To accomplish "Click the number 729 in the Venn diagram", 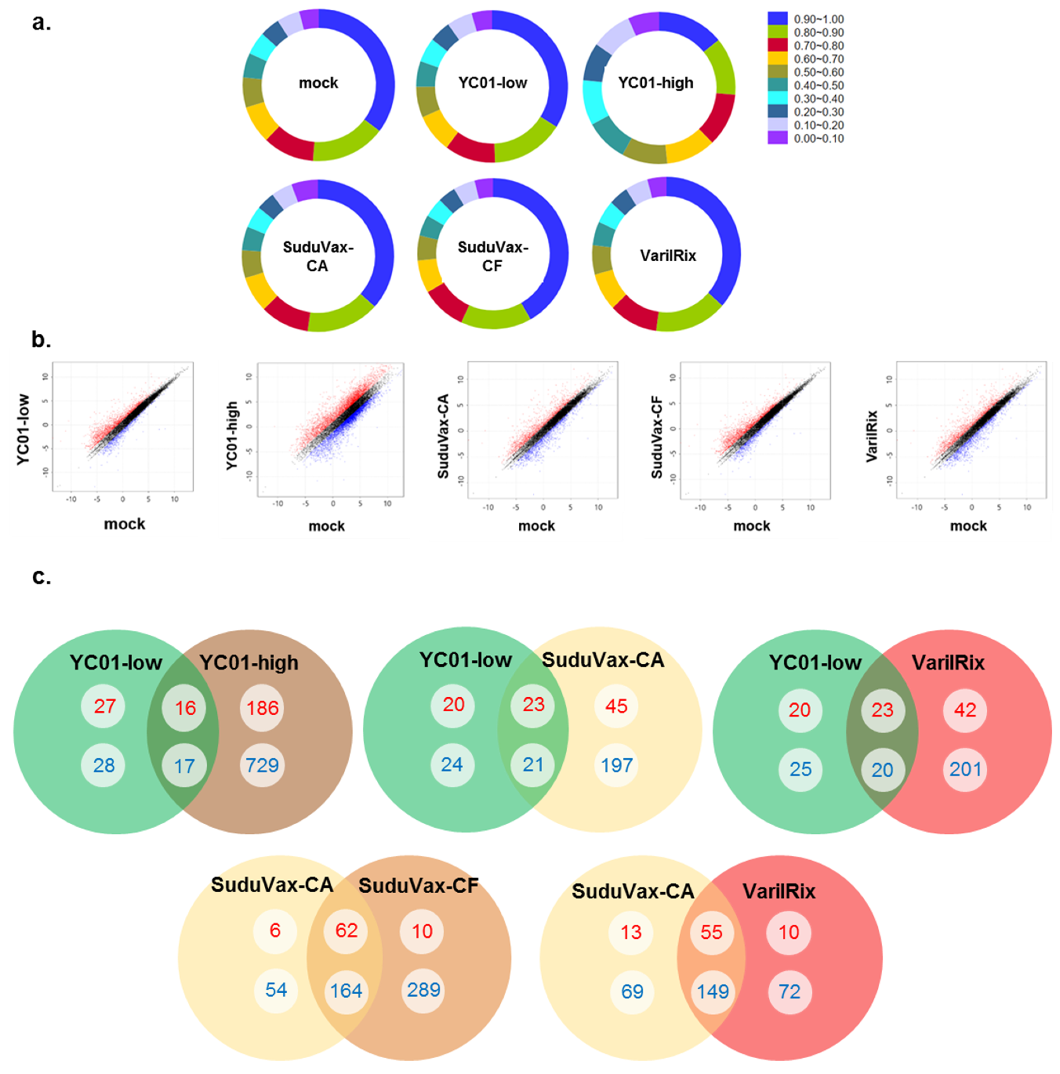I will click(262, 766).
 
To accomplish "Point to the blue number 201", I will click(965, 769).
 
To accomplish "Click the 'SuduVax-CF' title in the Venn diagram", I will click(418, 886).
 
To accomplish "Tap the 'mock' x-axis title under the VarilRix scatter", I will click(968, 526).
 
